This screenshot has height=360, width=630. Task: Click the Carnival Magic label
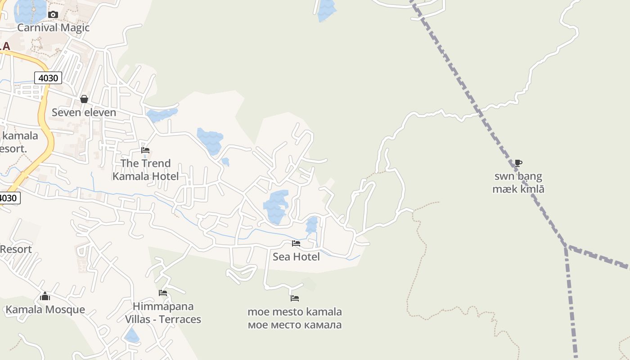[x=53, y=27]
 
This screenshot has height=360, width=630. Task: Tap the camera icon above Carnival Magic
[x=53, y=14]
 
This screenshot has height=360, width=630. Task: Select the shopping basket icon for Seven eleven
[x=84, y=99]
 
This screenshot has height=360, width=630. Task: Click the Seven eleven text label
[x=84, y=112]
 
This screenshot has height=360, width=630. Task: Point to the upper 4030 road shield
[x=48, y=78]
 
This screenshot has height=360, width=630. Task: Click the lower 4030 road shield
[x=9, y=198]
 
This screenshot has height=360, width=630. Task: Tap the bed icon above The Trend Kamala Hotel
[x=145, y=150]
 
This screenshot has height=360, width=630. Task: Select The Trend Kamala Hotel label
[x=145, y=170]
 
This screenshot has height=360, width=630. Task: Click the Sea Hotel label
[x=296, y=256]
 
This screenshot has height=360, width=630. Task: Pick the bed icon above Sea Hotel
[x=296, y=243]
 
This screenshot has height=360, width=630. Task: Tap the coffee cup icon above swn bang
[x=518, y=163]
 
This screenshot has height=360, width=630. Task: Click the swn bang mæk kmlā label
[x=518, y=182]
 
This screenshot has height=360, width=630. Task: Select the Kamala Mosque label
[x=45, y=310]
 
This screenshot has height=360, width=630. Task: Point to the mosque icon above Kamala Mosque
[x=45, y=296]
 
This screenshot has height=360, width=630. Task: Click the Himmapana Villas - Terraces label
[x=163, y=313]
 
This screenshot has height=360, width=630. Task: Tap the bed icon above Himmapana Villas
[x=163, y=293]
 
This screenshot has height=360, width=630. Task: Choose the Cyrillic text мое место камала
[x=295, y=324]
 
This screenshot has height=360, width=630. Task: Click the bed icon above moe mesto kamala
[x=295, y=298]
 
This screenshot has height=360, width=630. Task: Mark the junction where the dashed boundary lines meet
[x=566, y=247]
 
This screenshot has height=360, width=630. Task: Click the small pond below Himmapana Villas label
[x=132, y=335]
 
